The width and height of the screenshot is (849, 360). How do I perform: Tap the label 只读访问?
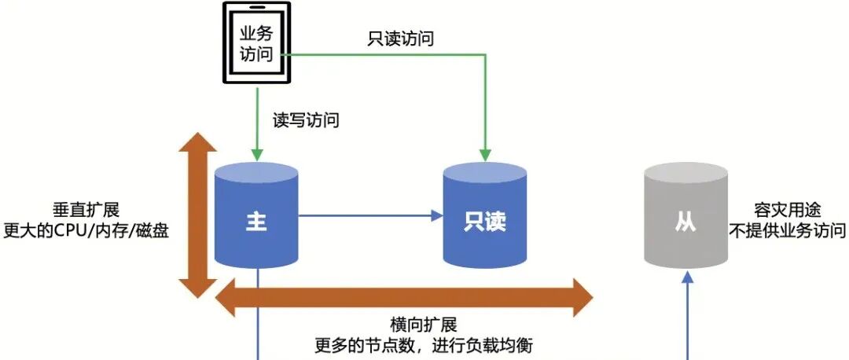tap(401, 39)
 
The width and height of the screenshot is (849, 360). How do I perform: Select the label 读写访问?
tap(306, 120)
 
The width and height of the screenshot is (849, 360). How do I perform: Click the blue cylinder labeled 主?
tap(256, 216)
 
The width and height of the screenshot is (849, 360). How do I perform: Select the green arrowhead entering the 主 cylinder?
tap(257, 152)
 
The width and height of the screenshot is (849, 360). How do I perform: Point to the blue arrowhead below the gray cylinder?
tap(688, 277)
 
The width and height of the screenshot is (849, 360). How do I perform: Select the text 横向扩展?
tap(423, 324)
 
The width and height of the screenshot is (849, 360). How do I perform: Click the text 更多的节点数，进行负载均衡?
tap(423, 344)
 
